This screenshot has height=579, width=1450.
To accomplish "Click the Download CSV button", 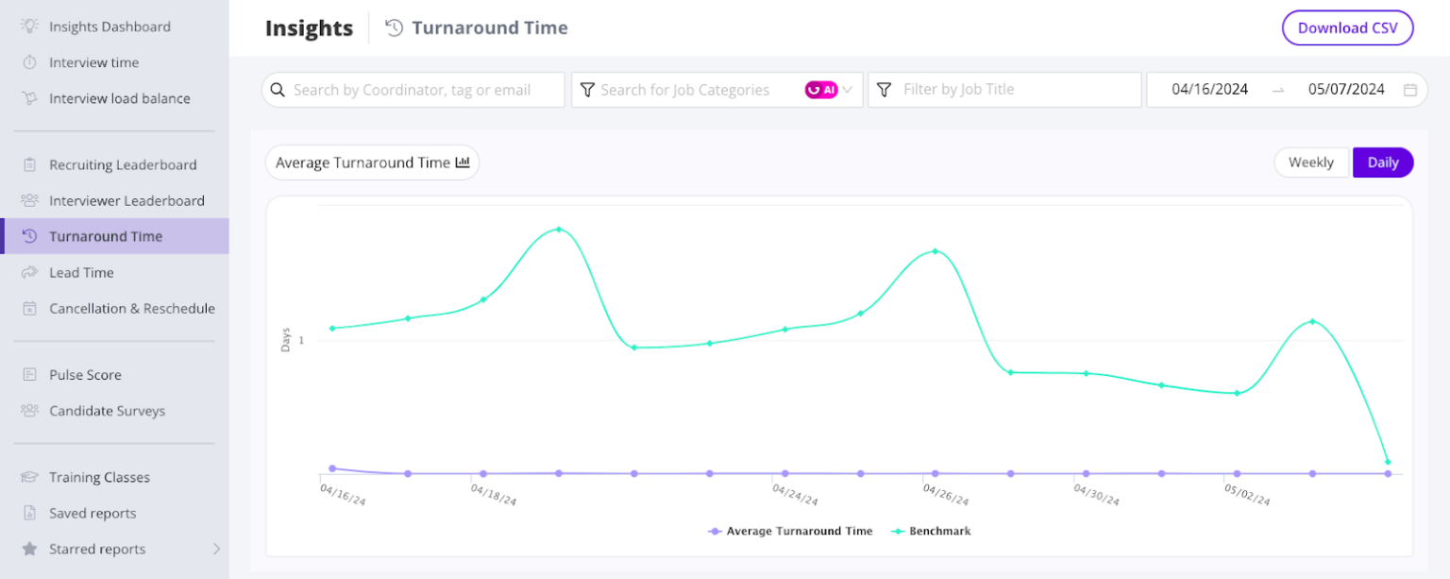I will (x=1347, y=28).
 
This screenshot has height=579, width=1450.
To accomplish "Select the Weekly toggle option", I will (x=1311, y=162).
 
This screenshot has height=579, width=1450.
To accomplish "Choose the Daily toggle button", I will (x=1382, y=162).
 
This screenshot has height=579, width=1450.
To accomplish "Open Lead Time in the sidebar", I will (x=81, y=273).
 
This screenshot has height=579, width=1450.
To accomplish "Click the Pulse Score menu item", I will (x=85, y=375).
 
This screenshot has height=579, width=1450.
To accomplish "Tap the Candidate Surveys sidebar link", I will (x=107, y=411).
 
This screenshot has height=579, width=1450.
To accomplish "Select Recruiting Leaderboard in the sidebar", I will (x=123, y=165).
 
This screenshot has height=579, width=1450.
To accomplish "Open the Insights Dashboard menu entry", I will (x=110, y=26).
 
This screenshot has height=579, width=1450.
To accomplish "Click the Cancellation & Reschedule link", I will (x=131, y=309).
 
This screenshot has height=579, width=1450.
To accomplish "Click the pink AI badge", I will (x=820, y=90).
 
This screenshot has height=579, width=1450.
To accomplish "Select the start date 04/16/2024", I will (x=1209, y=90).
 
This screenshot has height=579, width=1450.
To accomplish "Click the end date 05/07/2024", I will (x=1346, y=90).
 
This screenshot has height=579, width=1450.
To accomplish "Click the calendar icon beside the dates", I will (x=1410, y=90).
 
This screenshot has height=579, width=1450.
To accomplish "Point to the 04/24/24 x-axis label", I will (x=794, y=495).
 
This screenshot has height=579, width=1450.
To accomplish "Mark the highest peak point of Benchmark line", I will (x=559, y=230).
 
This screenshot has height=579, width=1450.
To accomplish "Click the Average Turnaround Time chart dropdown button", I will (x=372, y=162).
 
